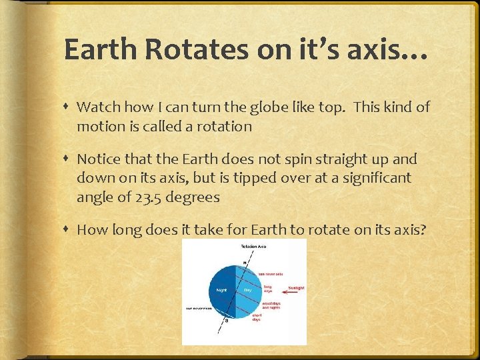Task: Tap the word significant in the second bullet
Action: pyautogui.click(x=373, y=178)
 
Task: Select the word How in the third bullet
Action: pyautogui.click(x=90, y=230)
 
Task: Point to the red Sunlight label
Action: pyautogui.click(x=295, y=287)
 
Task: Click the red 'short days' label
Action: pyautogui.click(x=257, y=317)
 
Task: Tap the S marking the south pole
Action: pyautogui.click(x=226, y=321)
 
